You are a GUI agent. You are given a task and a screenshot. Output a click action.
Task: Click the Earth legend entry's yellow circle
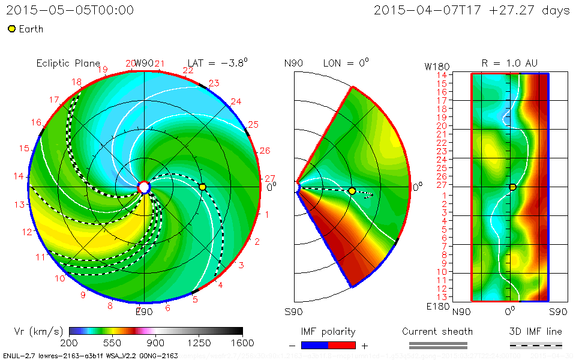tap(11, 29)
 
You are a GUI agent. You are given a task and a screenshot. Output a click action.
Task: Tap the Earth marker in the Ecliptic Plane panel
tap(202, 187)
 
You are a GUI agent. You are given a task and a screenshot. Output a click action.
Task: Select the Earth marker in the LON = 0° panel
tap(352, 191)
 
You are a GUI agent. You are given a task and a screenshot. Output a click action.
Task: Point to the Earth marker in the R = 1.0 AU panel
tap(512, 187)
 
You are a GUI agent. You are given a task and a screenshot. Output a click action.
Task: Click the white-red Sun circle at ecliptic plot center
tap(144, 187)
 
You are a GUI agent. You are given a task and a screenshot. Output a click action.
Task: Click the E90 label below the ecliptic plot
tap(144, 311)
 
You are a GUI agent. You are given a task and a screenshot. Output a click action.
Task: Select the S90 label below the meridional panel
tap(294, 312)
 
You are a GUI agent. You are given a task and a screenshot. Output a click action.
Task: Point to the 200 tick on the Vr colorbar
tap(69, 343)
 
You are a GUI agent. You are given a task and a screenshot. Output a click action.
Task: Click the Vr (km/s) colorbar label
tap(38, 331)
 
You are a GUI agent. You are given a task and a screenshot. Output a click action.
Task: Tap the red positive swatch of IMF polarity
tap(342, 345)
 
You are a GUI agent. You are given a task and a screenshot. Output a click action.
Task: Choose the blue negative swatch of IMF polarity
tap(315, 345)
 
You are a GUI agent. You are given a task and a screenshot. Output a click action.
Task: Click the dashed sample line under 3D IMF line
tap(536, 345)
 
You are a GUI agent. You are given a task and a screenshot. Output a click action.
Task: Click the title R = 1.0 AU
tap(509, 63)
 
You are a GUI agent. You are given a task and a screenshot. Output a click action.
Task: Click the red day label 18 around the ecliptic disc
tap(77, 82)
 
